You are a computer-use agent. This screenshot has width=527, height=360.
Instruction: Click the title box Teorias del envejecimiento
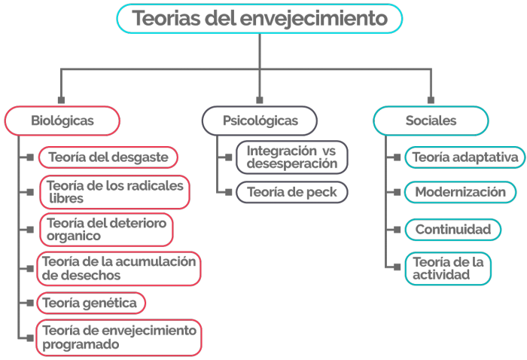tap(260, 19)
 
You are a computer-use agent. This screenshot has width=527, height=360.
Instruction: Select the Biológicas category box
tap(62, 121)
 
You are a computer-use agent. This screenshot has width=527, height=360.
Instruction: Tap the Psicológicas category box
tap(260, 121)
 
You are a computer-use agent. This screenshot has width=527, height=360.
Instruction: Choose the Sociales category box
tap(431, 121)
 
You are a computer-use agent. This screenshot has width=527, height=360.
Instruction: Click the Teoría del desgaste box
tap(108, 157)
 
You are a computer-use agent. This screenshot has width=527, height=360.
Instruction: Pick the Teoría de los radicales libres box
tap(114, 192)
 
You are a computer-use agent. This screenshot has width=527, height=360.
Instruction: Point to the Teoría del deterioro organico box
tap(106, 230)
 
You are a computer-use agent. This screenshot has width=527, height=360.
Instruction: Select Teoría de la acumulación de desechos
tap(119, 269)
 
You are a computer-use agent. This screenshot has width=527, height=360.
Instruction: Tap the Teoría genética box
tap(91, 303)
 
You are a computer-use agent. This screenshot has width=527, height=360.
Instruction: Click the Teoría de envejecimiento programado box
tap(119, 337)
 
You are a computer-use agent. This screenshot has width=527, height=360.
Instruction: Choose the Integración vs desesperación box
tap(292, 157)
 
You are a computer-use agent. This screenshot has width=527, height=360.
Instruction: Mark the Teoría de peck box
tap(292, 192)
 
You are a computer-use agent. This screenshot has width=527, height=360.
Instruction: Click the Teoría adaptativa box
tap(465, 157)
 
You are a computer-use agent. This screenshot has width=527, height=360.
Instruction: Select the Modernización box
tap(461, 192)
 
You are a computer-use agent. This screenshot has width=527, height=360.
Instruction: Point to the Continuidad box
tap(453, 230)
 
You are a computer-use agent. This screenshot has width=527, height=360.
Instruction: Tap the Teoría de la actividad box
tap(448, 269)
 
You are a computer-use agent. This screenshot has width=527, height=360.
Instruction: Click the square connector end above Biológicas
tap(61, 100)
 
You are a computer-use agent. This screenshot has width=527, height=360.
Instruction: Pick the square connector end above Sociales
tap(431, 100)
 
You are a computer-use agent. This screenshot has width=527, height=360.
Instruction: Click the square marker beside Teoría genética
tap(30, 303)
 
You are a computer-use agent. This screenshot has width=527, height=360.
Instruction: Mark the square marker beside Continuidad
tap(397, 230)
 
